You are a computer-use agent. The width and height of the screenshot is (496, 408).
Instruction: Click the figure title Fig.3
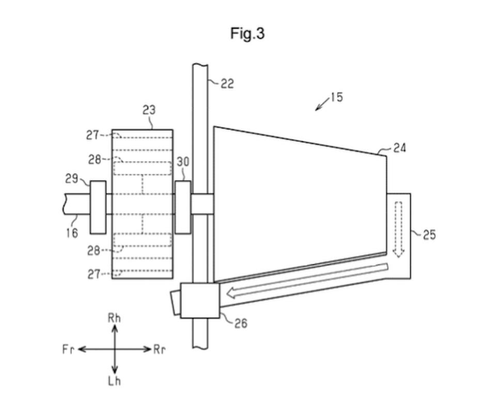[247, 34]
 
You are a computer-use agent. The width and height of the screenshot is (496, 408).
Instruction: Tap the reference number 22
[227, 84]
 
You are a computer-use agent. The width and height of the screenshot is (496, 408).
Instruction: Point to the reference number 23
[149, 110]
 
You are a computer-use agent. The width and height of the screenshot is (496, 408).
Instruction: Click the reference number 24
[399, 148]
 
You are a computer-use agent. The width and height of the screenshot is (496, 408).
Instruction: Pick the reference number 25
[429, 235]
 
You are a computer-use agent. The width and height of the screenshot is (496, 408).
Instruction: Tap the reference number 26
[241, 324]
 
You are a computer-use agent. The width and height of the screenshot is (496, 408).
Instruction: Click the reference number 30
[183, 162]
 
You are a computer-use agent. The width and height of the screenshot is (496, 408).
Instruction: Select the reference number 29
[72, 179]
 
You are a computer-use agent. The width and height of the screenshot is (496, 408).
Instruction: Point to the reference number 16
[72, 233]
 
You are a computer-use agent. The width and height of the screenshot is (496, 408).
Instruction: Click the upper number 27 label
[92, 135]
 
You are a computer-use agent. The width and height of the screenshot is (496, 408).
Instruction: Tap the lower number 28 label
[94, 251]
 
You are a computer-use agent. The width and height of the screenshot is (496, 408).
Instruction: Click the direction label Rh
[114, 318]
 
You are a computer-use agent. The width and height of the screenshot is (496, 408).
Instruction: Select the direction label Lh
[115, 381]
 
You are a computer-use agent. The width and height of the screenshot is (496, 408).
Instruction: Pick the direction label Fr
[68, 350]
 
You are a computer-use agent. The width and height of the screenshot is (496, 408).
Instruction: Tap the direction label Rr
[159, 350]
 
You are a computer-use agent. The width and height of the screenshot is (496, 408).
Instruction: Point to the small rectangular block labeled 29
[98, 207]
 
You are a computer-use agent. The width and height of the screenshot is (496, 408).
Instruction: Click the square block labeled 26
[200, 300]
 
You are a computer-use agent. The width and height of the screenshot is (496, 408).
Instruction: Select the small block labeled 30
[183, 207]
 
